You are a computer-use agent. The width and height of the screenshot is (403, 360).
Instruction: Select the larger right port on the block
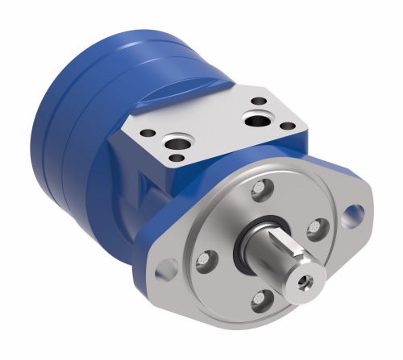point(257,121)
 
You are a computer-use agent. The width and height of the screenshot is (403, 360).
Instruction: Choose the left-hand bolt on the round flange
point(204,259)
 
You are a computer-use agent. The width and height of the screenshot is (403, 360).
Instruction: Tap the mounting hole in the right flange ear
point(351,215)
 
